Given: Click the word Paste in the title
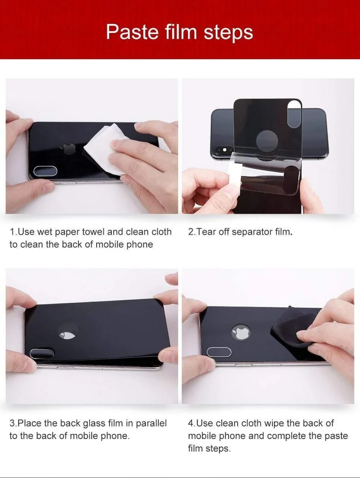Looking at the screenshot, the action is pos(132,32).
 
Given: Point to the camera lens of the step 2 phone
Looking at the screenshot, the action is pos(225,150).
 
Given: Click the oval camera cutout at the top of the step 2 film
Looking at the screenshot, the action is pos(294,115).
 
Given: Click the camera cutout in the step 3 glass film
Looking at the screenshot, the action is pos(42,354).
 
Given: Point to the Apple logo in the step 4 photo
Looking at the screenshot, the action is pos(241,332).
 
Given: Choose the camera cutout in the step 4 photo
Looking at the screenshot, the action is pos(219,352).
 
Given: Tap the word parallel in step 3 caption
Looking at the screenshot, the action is pos(151,424).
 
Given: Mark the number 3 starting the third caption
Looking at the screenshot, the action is pos(12,423).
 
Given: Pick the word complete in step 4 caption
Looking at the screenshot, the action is pos(286,436).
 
